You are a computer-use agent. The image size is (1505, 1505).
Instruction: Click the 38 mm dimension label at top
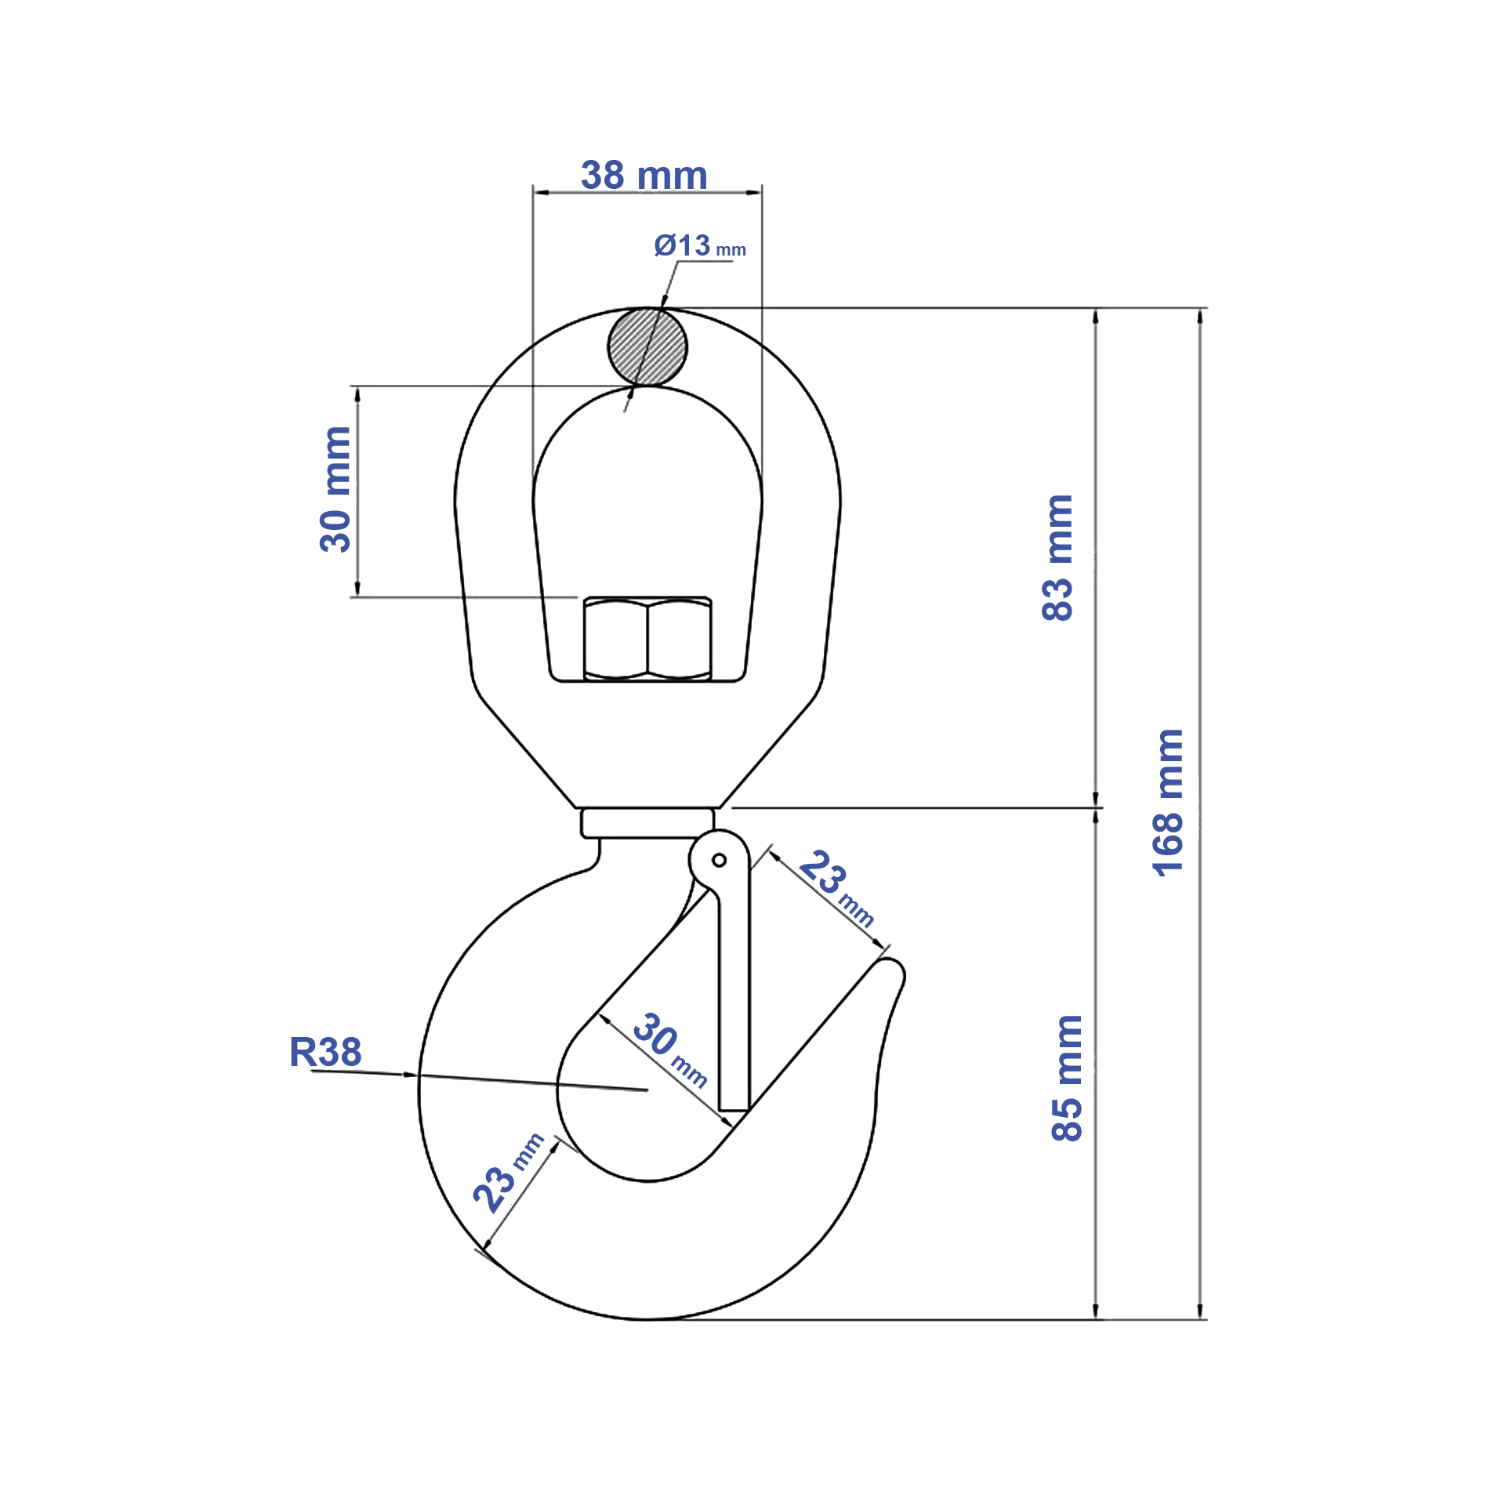644,175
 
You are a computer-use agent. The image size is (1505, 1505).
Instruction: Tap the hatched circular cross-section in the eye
647,347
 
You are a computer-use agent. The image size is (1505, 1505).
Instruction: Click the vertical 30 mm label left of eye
335,489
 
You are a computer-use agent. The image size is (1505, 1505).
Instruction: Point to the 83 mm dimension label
1057,558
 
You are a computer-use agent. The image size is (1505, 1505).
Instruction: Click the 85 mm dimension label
1067,1078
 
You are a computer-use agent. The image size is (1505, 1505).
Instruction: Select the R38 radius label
325,1052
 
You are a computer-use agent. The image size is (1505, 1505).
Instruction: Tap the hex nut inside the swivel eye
647,639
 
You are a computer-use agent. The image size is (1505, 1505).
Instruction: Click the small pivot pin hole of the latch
719,861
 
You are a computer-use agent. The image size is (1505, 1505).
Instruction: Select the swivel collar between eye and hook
647,823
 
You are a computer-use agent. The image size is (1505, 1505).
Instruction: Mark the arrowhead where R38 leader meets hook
412,1075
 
